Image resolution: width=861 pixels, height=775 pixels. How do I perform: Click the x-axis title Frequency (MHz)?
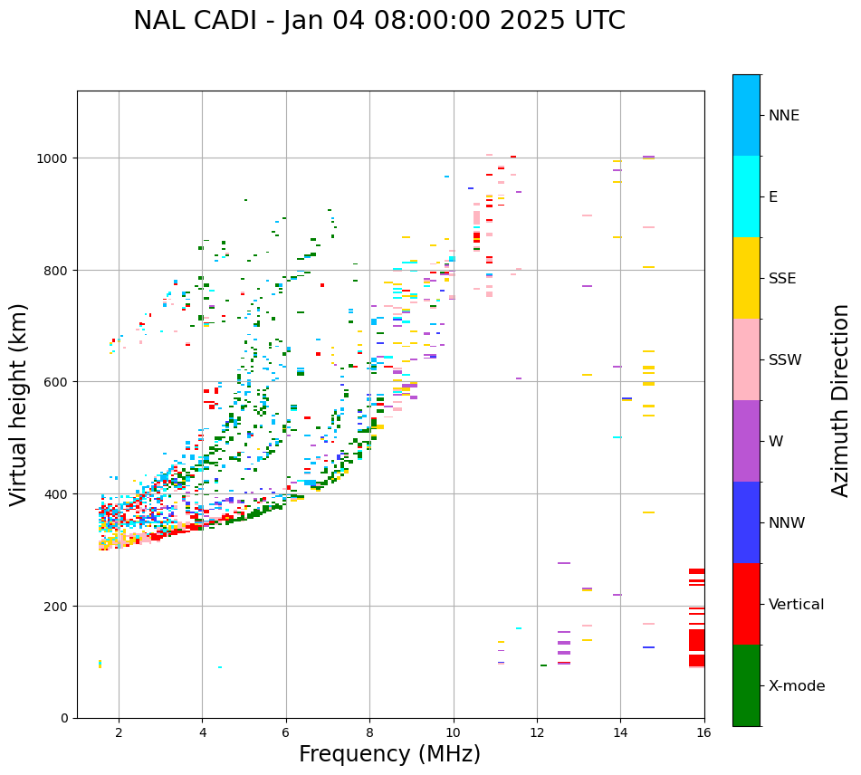(389, 754)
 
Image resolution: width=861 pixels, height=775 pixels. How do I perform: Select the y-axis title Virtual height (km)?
(19, 404)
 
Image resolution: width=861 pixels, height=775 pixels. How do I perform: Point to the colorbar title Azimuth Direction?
(841, 400)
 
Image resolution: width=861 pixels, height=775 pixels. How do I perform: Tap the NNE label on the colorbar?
(784, 116)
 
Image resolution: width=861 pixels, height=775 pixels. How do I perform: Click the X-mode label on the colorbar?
(797, 686)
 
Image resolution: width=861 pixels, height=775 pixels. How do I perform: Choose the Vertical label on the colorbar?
(797, 605)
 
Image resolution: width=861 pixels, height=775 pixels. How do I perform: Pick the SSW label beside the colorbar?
(785, 360)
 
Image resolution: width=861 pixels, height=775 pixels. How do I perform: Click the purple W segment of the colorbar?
(746, 441)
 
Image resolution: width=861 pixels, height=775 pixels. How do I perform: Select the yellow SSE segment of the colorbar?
(746, 278)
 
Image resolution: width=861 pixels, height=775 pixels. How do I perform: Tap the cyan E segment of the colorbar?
(746, 196)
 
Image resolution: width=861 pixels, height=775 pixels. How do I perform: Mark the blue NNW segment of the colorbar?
(746, 522)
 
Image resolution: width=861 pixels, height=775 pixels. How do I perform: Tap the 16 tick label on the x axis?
(703, 733)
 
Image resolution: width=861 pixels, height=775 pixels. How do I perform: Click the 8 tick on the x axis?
(369, 733)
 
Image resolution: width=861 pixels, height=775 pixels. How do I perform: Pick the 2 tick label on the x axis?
(119, 733)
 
